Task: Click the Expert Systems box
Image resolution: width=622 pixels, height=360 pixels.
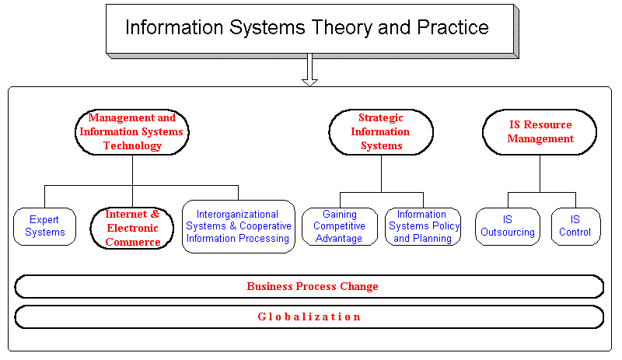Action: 44,226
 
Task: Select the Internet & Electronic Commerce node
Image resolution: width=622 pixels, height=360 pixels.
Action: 132,227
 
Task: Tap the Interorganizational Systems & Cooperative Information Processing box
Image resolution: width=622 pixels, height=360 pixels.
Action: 239,226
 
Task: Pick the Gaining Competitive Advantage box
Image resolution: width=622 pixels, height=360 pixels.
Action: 338,226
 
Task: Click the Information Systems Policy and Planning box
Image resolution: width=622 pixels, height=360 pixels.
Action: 423,226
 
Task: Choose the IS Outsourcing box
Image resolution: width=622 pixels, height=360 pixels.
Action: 508,226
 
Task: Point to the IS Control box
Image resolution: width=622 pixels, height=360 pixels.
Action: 575,226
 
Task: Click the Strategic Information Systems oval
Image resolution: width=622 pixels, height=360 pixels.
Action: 381,131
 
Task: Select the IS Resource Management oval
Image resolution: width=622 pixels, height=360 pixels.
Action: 540,131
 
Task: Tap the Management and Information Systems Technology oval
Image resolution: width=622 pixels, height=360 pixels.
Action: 132,131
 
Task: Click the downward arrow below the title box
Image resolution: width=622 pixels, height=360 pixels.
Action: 309,70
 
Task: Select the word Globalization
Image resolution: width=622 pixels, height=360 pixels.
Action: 309,316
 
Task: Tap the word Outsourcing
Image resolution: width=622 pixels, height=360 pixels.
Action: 508,232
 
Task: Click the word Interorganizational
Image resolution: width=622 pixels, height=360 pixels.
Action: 237,214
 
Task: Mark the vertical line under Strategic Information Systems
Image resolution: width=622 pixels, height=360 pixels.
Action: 381,173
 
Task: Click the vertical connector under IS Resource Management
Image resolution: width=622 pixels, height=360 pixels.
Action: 540,173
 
